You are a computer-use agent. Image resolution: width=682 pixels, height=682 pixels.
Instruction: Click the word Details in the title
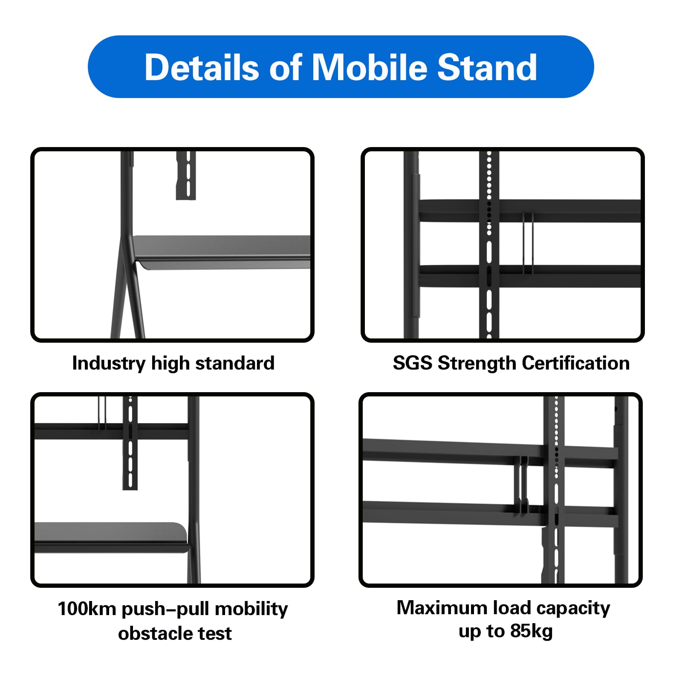(x=201, y=67)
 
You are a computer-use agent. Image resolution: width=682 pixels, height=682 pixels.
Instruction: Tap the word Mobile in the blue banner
(x=370, y=67)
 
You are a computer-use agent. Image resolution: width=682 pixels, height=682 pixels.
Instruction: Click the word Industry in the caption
(x=109, y=364)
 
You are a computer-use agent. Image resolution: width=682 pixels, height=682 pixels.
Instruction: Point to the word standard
(x=234, y=364)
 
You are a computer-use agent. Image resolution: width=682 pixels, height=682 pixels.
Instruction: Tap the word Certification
(x=575, y=364)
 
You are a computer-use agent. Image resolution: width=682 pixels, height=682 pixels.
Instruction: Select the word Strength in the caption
(x=477, y=364)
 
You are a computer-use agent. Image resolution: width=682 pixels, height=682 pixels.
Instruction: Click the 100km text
(x=87, y=609)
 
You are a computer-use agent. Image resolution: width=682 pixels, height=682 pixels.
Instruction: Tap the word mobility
(x=251, y=609)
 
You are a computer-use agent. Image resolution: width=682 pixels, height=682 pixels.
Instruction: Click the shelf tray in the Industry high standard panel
(x=222, y=251)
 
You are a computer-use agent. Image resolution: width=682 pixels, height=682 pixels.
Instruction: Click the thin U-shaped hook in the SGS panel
(x=528, y=243)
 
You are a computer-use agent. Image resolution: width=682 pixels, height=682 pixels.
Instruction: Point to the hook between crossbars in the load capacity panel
(x=523, y=486)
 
